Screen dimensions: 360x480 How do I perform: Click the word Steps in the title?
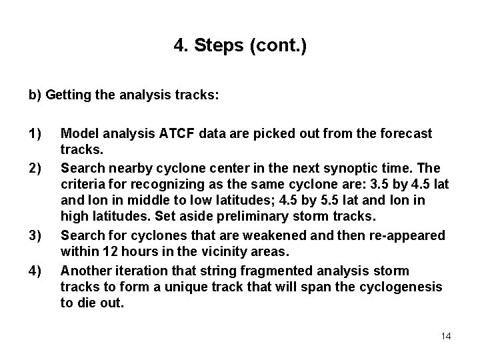click(x=214, y=46)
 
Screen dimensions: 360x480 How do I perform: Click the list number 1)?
click(x=35, y=134)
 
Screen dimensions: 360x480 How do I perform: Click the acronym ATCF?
click(x=177, y=134)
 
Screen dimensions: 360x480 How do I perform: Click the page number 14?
click(x=446, y=336)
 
